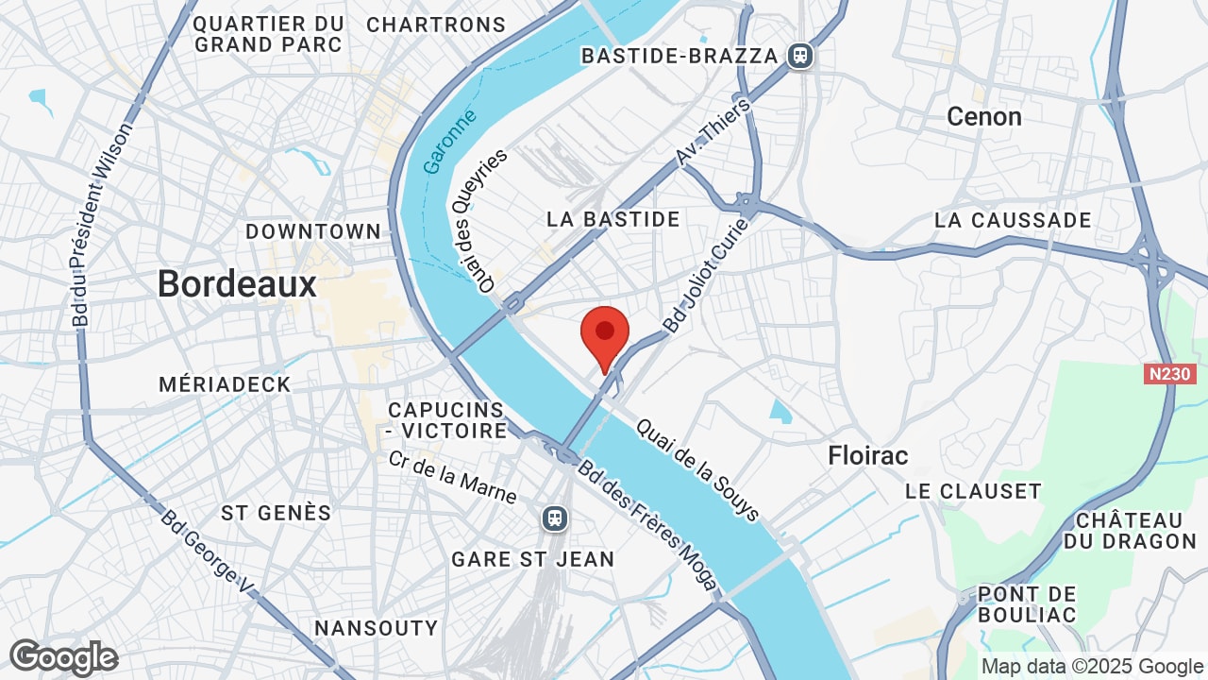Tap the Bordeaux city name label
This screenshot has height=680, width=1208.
click(237, 283)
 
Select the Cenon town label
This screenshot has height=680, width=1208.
click(983, 116)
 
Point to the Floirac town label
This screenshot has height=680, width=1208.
click(867, 455)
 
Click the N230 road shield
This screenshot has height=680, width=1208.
click(1169, 374)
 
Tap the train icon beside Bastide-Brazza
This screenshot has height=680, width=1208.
click(800, 56)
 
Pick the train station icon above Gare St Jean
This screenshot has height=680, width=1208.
click(555, 518)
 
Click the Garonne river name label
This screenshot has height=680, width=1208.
click(449, 142)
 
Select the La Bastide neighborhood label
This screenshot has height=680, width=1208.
click(613, 219)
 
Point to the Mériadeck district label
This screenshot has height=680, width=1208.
click(225, 384)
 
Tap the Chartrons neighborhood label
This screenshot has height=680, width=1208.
click(436, 25)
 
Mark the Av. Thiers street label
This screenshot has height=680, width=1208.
click(713, 133)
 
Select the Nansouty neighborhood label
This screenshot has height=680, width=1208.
click(376, 628)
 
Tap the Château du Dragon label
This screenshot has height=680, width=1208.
click(1129, 531)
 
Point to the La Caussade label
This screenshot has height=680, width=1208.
click(1013, 220)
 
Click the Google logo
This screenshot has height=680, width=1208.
click(63, 658)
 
